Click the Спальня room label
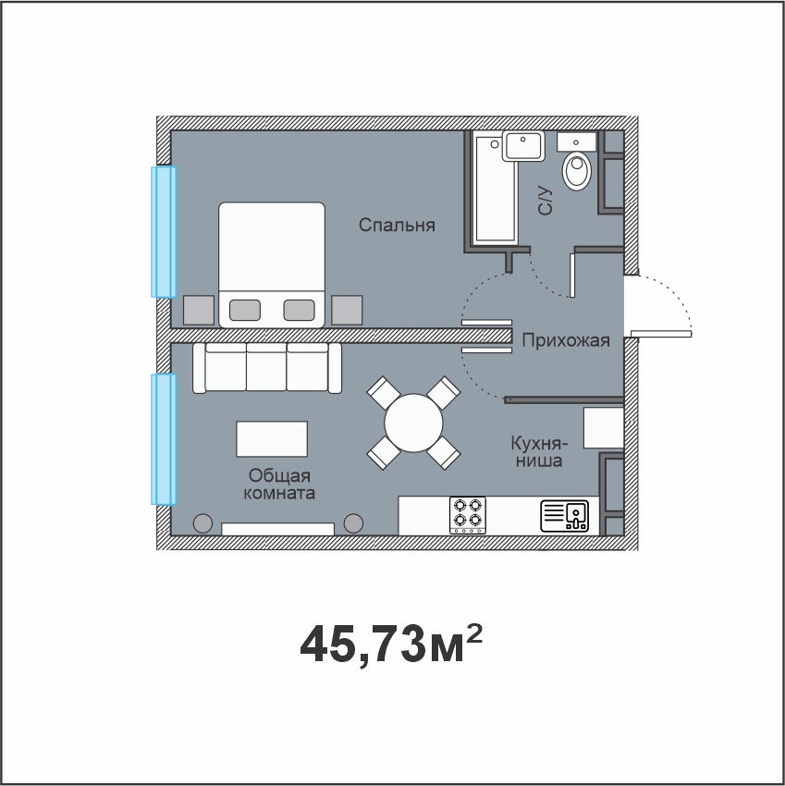[x=397, y=225]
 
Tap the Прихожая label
[x=566, y=340]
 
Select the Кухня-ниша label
[x=539, y=451]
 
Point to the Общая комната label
[x=279, y=485]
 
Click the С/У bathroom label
[x=546, y=202]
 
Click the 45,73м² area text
[x=391, y=644]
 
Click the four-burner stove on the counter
[x=468, y=515]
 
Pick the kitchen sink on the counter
[x=564, y=516]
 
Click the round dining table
[x=413, y=424]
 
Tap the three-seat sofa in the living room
[x=267, y=368]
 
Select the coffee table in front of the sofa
[x=272, y=439]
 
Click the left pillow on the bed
[x=245, y=310]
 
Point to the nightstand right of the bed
[x=347, y=311]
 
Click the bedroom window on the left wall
[x=164, y=232]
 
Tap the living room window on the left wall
[x=164, y=439]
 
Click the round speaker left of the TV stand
[x=202, y=523]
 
